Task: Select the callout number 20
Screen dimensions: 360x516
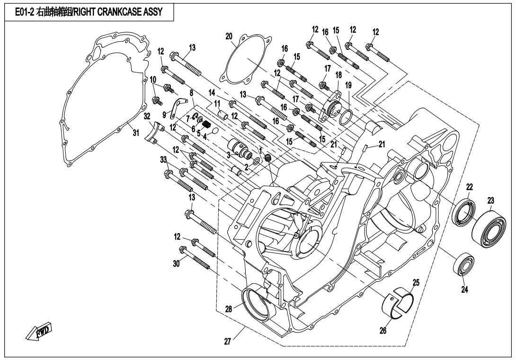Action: [x=229, y=36]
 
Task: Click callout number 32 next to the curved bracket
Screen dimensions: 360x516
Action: [x=147, y=116]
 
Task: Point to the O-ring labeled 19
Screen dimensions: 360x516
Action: [x=348, y=86]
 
